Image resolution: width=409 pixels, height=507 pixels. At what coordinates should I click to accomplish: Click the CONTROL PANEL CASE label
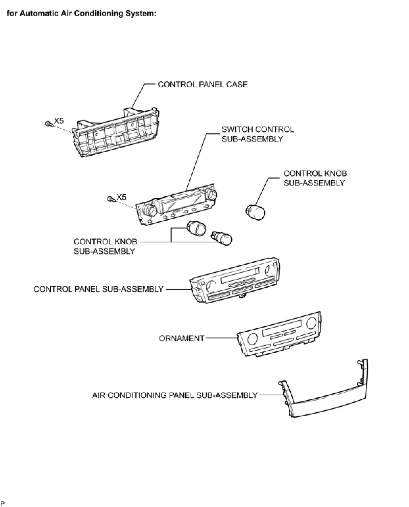(202, 84)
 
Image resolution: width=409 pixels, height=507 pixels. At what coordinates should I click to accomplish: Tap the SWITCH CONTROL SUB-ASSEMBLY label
(258, 134)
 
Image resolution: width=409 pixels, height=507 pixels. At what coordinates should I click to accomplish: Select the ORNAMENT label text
(182, 338)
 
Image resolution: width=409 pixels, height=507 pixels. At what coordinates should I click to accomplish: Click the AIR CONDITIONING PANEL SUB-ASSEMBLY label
(175, 395)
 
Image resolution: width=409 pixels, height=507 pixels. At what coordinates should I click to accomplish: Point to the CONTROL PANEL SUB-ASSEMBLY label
(98, 289)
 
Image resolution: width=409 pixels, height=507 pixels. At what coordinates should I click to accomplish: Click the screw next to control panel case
(48, 124)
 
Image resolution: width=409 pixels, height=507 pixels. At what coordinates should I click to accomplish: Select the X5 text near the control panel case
(59, 120)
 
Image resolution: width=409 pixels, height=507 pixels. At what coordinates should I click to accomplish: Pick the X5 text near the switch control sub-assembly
(121, 197)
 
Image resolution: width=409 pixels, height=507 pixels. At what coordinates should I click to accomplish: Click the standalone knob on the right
(255, 212)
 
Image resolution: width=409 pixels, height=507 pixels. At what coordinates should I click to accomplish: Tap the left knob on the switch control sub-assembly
(149, 210)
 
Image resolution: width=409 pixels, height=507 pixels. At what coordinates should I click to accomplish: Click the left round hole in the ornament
(252, 338)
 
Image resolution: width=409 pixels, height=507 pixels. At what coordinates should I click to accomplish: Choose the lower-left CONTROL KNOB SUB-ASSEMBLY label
(105, 246)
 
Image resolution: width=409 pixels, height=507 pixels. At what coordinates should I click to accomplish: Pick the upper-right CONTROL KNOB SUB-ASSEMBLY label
(315, 178)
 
